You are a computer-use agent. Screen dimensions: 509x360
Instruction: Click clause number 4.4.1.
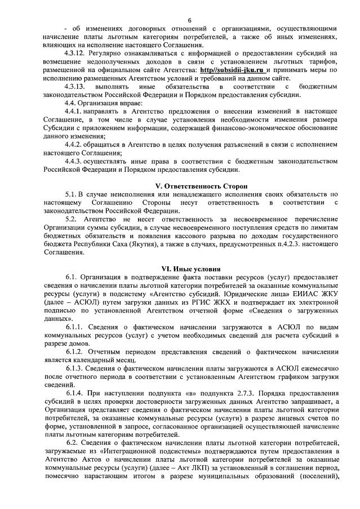pos(73,111)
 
